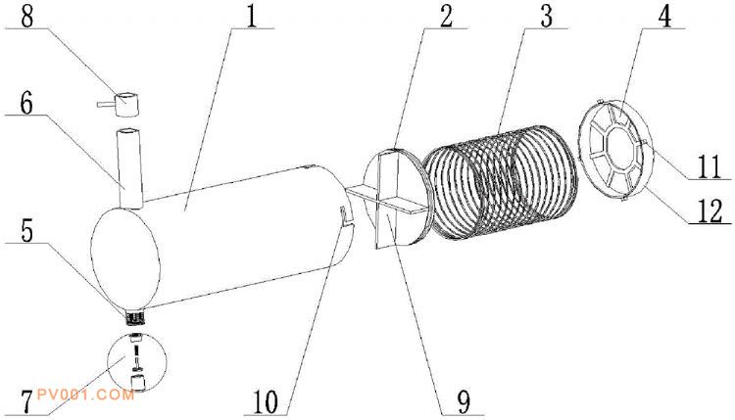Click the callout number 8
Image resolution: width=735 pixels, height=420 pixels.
pos(27,17)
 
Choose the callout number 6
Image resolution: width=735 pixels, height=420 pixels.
pos(27,102)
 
